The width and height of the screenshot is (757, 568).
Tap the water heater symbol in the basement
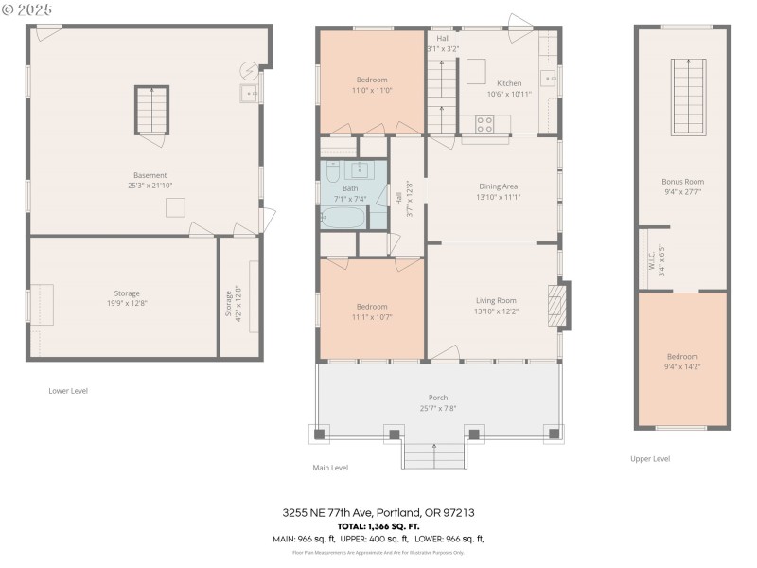tap(249, 70)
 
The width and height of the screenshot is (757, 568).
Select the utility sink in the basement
tap(248, 93)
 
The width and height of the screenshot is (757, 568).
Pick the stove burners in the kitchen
tap(484, 123)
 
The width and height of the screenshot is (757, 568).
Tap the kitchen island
tap(476, 72)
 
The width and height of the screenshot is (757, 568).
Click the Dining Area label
tap(499, 186)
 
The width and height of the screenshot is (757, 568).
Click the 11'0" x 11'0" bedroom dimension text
tap(372, 90)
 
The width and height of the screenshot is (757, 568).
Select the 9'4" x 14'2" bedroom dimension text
tap(682, 367)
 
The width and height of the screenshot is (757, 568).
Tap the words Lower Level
tap(68, 390)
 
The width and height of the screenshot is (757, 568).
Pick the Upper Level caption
tap(650, 459)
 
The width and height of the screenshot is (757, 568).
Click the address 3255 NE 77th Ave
tap(378, 512)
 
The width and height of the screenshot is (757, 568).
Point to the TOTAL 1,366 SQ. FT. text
tap(378, 525)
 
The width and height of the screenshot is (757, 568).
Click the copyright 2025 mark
tap(27, 9)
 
